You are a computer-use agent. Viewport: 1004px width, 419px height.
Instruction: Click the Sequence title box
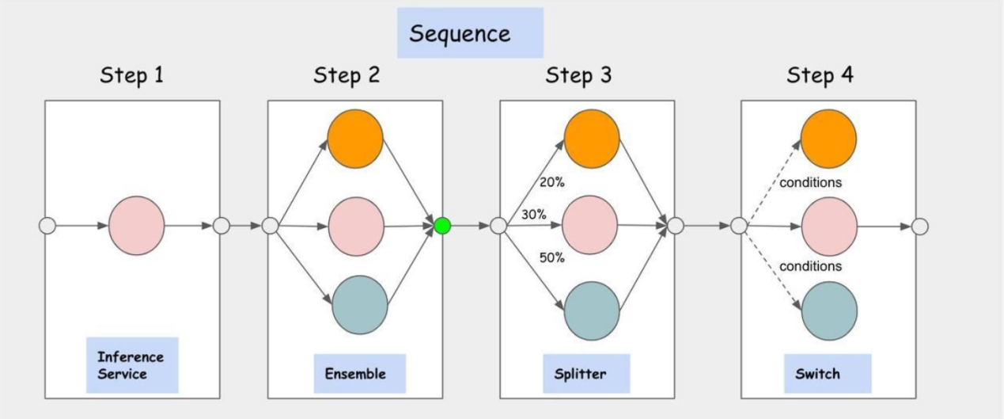coord(470,32)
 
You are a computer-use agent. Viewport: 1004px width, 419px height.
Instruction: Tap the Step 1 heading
coord(132,75)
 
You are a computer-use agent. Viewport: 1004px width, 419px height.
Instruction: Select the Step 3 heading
coord(578,75)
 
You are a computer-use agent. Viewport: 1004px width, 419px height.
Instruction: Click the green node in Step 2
coord(442,226)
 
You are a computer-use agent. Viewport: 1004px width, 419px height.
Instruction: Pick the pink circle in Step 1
coord(137,226)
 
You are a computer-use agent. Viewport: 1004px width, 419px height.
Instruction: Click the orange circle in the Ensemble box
coord(355,139)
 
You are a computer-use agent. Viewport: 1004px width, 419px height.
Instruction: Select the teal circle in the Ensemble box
coord(360,305)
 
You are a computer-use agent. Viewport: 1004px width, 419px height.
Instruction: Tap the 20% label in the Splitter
coord(551,183)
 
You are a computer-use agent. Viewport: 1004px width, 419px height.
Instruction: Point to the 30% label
coord(534,215)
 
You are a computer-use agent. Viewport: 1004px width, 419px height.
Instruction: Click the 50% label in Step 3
coord(551,257)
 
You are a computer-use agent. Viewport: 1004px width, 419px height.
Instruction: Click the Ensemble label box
coord(359,374)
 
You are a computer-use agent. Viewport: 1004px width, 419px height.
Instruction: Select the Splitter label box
coord(586,374)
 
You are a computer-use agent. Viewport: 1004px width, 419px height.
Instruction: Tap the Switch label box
coord(828,374)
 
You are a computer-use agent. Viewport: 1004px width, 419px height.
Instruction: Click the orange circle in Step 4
coord(828,139)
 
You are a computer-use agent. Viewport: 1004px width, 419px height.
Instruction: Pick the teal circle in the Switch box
coord(829,311)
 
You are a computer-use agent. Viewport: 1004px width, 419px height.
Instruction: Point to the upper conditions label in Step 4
coord(810,183)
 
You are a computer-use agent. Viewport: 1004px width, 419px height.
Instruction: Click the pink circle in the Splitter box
coord(590,225)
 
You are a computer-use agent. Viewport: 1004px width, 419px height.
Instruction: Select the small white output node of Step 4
coord(919,227)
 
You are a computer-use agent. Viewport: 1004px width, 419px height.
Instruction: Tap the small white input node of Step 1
coord(47,226)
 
